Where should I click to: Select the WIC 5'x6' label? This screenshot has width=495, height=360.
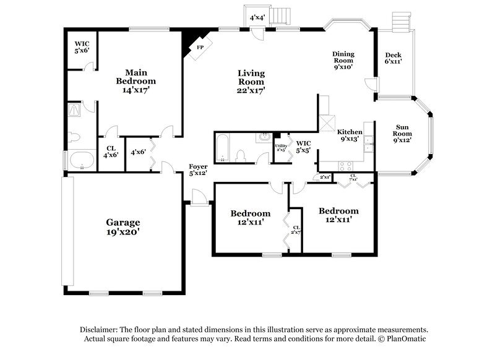(x=82, y=47)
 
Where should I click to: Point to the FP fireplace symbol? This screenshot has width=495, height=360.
(x=199, y=47)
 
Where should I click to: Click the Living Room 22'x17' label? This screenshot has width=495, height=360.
(x=251, y=82)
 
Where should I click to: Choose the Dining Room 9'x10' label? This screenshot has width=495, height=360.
(x=343, y=60)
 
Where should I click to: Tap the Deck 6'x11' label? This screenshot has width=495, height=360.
(x=394, y=58)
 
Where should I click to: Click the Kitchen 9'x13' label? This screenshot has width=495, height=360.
(x=350, y=135)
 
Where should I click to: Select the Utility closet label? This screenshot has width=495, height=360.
(x=281, y=147)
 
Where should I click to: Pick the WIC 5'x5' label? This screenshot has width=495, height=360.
(x=303, y=147)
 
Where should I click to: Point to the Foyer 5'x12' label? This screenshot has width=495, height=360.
(x=198, y=169)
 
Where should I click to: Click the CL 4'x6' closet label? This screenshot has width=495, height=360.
(x=111, y=152)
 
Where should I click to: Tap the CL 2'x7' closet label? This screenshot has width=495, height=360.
(x=296, y=230)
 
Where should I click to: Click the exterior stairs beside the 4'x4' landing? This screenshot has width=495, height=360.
(x=282, y=14)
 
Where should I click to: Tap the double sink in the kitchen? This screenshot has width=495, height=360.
(x=369, y=144)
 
